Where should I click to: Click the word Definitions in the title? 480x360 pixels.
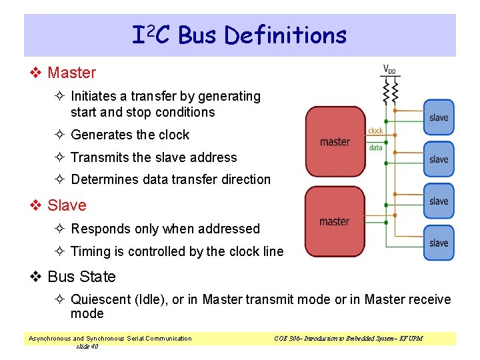[x=286, y=35]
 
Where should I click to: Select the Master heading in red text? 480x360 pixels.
[x=71, y=73]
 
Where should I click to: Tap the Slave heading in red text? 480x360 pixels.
[x=67, y=205]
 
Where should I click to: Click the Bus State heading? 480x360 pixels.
[x=81, y=277]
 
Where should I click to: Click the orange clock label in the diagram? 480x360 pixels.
[x=375, y=131]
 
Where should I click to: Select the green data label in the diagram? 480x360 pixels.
[x=375, y=147]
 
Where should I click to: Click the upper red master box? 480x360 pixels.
[x=335, y=141]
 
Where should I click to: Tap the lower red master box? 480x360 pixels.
[x=335, y=221]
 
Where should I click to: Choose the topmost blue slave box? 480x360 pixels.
[x=439, y=117]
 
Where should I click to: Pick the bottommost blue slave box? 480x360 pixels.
[x=439, y=243]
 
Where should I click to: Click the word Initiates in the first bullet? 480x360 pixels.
[x=93, y=96]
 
